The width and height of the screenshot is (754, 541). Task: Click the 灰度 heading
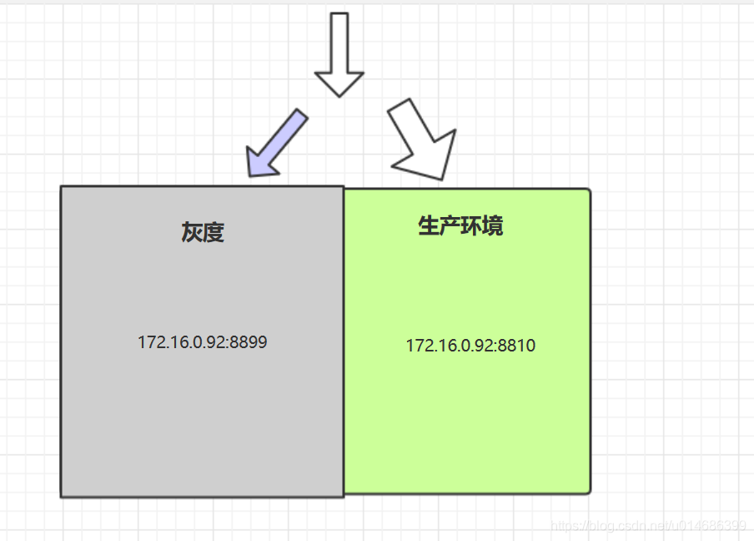203,232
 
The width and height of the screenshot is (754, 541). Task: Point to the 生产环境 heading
460,225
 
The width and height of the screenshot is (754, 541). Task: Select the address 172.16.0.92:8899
203,341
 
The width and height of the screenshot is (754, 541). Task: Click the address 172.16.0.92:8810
470,346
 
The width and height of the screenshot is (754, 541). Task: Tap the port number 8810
516,346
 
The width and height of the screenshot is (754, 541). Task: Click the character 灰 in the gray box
192,232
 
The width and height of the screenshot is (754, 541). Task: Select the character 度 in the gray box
214,232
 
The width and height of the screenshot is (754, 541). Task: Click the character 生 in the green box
429,225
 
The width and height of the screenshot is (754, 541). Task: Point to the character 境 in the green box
493,225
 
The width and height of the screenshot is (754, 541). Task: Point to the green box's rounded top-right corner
587,192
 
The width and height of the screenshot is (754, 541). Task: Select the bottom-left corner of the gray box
63,495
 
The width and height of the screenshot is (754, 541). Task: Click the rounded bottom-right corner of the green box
587,490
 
